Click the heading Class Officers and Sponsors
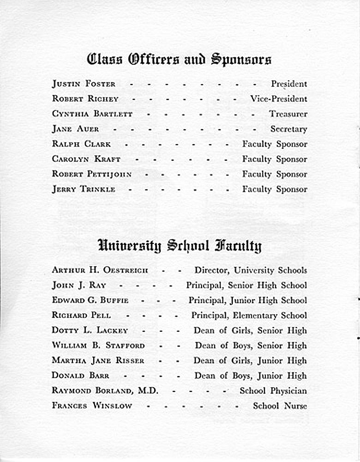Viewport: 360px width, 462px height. pos(179,60)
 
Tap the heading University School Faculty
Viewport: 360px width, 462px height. pos(179,246)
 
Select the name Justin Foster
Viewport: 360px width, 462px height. pos(84,84)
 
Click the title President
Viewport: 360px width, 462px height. pos(289,84)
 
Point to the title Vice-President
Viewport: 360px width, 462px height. pos(278,99)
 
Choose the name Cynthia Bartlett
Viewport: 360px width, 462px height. pos(92,114)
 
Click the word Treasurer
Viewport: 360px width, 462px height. pos(288,114)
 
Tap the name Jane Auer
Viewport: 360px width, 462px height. pos(75,129)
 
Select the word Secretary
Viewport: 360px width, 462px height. pos(288,129)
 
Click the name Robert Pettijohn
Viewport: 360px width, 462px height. pos(92,174)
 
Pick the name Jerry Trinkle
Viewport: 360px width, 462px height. pos(84,189)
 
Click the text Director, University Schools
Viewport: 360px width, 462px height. pos(251,270)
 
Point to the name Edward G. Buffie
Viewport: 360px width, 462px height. pos(90,300)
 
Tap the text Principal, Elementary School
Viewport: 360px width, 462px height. pos(249,316)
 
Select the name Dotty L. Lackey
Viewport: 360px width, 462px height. pos(90,331)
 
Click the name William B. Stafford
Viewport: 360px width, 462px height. pos(98,346)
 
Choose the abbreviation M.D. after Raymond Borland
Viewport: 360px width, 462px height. pos(147,391)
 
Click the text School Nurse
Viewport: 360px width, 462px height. pos(280,406)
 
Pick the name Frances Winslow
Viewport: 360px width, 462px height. pos(92,406)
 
